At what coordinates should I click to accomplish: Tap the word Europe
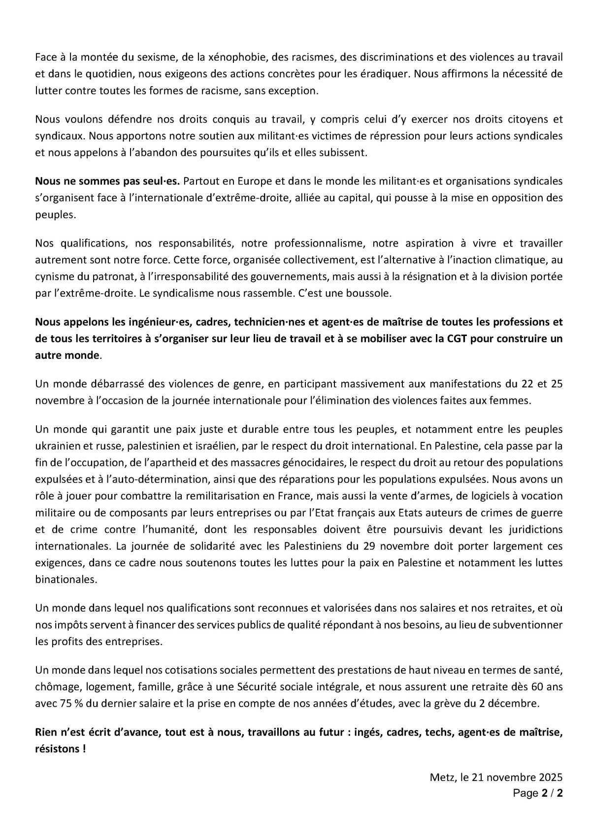(x=252, y=182)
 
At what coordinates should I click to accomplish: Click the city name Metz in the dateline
(x=441, y=778)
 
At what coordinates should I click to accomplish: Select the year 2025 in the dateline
(x=549, y=778)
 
